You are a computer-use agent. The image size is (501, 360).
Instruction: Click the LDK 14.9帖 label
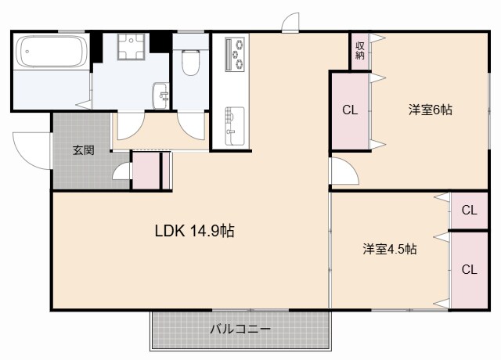coord(194,232)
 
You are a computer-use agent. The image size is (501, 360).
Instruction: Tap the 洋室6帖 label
coord(430,110)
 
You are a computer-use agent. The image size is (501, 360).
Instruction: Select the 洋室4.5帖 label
coord(389,250)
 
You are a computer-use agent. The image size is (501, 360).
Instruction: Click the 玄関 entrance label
coord(84,150)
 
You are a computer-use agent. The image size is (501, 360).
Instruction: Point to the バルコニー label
coord(240,329)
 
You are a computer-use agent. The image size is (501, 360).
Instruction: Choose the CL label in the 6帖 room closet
coord(350,110)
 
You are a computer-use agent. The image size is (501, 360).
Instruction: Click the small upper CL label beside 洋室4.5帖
coord(469,210)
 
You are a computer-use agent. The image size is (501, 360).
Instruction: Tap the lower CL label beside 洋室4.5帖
coord(469,270)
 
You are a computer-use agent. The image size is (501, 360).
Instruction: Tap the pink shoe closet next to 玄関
coord(146,171)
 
